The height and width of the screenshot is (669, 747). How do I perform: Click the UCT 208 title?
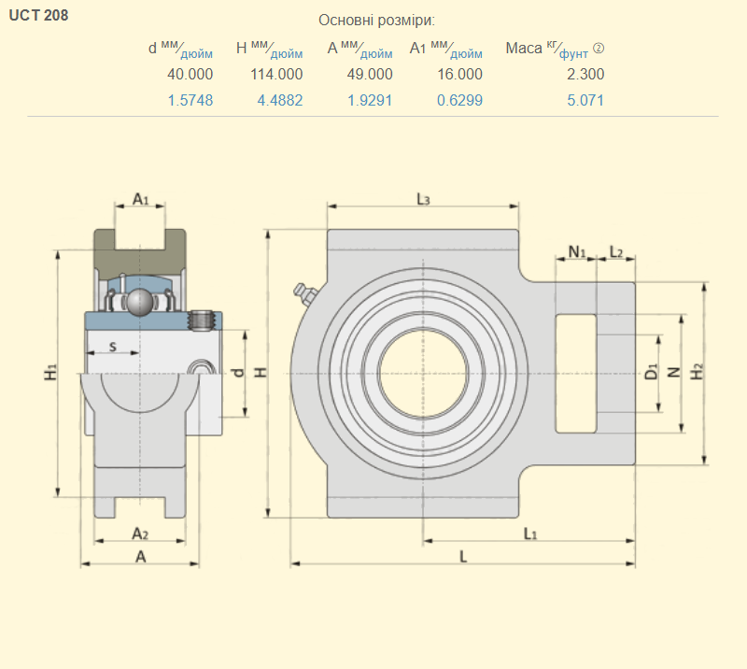pos(38,15)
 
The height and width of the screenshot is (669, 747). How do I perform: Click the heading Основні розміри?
pos(376,21)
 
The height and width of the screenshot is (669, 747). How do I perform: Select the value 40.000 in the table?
pos(190,75)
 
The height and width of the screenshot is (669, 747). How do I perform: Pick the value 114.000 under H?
pos(276,75)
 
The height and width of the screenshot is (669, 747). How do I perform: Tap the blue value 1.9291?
pos(370,101)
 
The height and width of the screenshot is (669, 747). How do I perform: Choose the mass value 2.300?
pos(585,75)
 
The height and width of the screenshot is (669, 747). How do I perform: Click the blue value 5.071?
pos(585,101)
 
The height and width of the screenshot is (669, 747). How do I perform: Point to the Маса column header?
pos(555,49)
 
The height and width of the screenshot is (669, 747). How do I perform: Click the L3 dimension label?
pos(423,199)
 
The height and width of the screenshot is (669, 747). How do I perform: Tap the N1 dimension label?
pos(577,251)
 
